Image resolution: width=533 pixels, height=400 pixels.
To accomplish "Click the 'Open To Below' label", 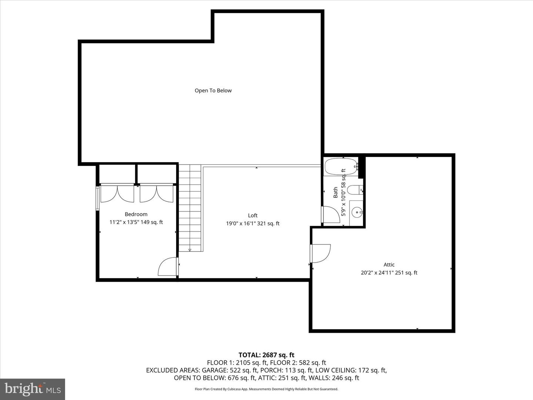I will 213,90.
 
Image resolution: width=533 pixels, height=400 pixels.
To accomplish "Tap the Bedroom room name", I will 136,214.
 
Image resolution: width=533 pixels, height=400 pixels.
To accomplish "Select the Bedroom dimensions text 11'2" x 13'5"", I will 136,222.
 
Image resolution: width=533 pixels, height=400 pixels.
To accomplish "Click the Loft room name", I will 253,215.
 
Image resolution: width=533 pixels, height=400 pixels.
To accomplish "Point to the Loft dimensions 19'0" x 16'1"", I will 253,223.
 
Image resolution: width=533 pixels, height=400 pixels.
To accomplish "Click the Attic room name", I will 389,264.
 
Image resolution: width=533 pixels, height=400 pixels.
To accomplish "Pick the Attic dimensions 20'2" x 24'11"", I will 389,273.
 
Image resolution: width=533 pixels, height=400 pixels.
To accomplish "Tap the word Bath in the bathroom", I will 335,192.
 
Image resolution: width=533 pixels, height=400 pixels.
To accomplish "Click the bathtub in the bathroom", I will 341,167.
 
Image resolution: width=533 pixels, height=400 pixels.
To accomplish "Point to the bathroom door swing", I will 331,214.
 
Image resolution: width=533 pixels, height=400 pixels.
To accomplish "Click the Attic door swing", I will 321,253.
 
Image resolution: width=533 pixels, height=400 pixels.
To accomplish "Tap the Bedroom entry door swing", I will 168,267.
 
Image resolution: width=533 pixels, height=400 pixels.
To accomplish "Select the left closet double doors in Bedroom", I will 117,193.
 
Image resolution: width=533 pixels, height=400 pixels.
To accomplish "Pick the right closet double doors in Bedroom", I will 157,193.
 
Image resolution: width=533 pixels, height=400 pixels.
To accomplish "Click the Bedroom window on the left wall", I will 98,199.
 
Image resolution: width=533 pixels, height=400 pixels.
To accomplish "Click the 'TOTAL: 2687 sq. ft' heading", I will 266,355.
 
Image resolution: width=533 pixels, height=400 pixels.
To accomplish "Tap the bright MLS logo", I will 33,389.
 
